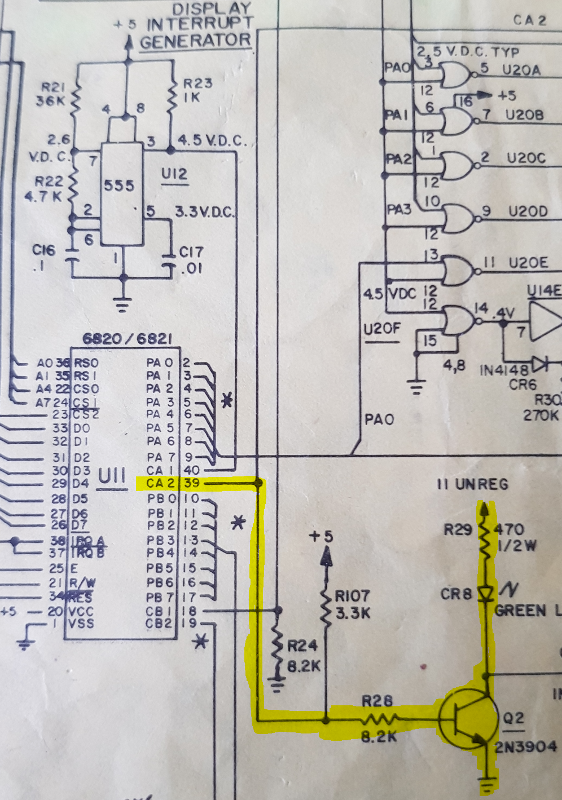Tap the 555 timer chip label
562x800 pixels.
pyautogui.click(x=119, y=185)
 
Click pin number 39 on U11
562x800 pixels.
pyautogui.click(x=192, y=484)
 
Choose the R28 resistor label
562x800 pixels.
pyautogui.click(x=377, y=701)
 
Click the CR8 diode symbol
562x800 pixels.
pyautogui.click(x=485, y=594)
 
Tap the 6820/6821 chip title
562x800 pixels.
pyautogui.click(x=127, y=338)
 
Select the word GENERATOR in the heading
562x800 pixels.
pyautogui.click(x=195, y=41)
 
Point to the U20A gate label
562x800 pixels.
pyautogui.click(x=521, y=70)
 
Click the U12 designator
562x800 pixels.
pyautogui.click(x=174, y=174)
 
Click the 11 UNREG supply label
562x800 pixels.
pyautogui.click(x=472, y=484)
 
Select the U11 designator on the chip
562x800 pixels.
pyautogui.click(x=112, y=476)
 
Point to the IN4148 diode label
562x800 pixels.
pyautogui.click(x=504, y=370)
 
